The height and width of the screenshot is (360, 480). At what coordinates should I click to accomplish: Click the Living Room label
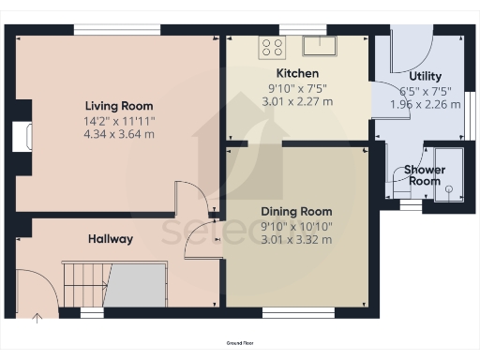coord(119,106)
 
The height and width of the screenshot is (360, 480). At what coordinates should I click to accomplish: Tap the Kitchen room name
coord(297,73)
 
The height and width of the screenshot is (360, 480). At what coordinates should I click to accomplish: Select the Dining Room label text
coord(296,211)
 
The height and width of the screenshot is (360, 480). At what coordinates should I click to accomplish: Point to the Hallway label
coord(111,239)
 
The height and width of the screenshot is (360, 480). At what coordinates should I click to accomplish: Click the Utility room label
coord(425,76)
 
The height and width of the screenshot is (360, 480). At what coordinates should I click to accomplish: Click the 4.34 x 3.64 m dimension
coord(119,134)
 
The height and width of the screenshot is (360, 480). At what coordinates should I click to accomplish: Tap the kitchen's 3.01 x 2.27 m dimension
coord(297,101)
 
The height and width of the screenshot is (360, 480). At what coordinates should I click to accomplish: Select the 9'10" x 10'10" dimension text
coord(296,225)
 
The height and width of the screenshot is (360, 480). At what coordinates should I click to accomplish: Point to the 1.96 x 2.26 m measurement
coord(425,104)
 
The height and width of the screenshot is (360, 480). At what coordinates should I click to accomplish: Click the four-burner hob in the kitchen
coord(272,47)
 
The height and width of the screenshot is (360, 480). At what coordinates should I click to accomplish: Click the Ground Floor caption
coord(240,344)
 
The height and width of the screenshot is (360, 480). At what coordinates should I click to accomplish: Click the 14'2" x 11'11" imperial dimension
coord(119,120)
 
